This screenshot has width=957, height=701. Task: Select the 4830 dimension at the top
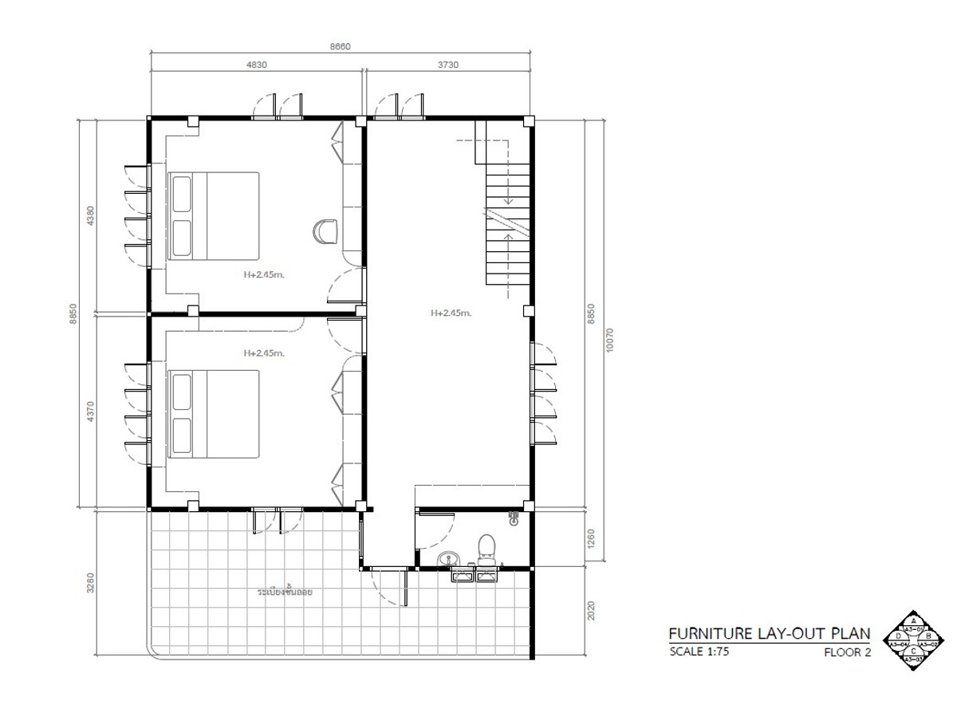256,65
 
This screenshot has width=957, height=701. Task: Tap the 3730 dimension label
447,65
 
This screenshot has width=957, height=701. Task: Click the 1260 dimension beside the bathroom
591,538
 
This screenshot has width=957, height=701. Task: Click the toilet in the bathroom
486,549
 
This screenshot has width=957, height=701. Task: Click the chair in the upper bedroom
325,231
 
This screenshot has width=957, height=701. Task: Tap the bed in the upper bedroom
214,215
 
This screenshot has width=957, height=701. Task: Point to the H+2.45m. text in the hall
451,313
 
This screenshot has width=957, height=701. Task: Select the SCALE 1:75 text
699,652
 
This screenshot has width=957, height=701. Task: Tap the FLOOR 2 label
847,652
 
